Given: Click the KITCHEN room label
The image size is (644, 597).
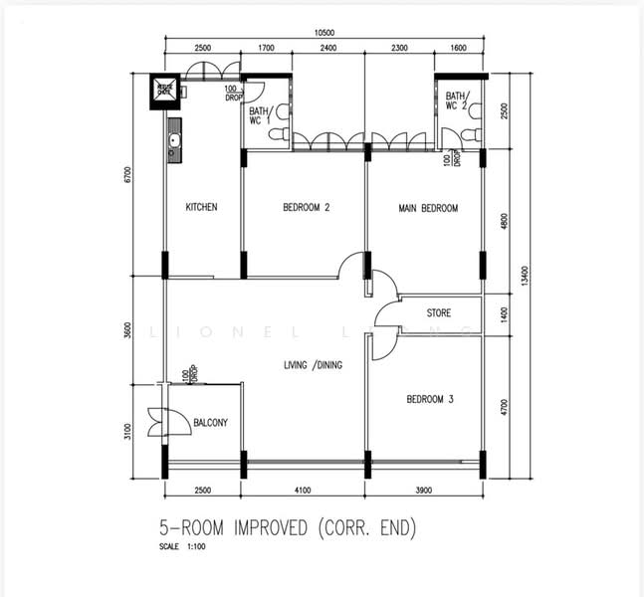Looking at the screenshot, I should (x=201, y=208).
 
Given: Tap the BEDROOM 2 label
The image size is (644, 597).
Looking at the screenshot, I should (x=306, y=208).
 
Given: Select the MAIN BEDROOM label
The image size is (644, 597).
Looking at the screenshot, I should (x=428, y=208).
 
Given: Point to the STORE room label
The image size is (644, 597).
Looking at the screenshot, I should (x=439, y=313).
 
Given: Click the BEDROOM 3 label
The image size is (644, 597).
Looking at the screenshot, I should (x=430, y=400).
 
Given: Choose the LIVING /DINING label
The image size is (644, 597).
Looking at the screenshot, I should (x=313, y=365).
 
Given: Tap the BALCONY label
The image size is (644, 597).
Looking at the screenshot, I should (x=210, y=423).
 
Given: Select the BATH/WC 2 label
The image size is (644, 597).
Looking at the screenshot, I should (x=457, y=100).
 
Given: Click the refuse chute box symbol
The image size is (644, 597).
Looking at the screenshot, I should (x=163, y=92).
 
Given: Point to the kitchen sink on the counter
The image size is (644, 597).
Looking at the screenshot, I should (x=175, y=141).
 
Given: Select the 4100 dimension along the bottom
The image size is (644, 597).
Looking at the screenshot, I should (x=304, y=490).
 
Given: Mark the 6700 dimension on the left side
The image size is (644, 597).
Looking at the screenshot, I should (x=127, y=175).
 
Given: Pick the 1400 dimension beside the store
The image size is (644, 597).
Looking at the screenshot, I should (x=505, y=314).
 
